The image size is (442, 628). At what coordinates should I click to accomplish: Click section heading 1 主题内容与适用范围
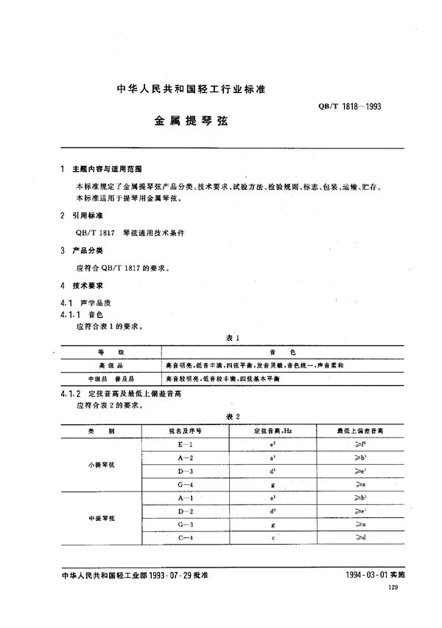pos(104,169)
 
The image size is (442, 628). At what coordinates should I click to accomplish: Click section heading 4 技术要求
pos(84,285)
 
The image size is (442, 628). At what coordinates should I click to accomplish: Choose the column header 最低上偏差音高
pos(359,430)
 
